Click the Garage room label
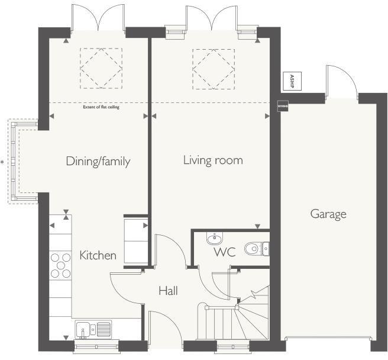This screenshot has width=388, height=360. click(x=328, y=214)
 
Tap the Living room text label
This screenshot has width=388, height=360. click(x=213, y=160)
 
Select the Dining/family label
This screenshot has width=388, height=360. click(x=98, y=161)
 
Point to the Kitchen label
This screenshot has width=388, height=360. click(x=98, y=256)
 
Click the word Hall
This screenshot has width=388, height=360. click(x=168, y=291)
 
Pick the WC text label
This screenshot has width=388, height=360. click(x=225, y=252)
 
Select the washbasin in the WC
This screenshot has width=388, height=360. click(x=214, y=239)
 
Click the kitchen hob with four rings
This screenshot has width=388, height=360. click(x=60, y=265)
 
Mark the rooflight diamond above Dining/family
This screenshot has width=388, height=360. click(x=101, y=69)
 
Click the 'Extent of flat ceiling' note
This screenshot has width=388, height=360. click(x=98, y=107)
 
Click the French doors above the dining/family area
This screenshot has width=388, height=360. click(x=98, y=18)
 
